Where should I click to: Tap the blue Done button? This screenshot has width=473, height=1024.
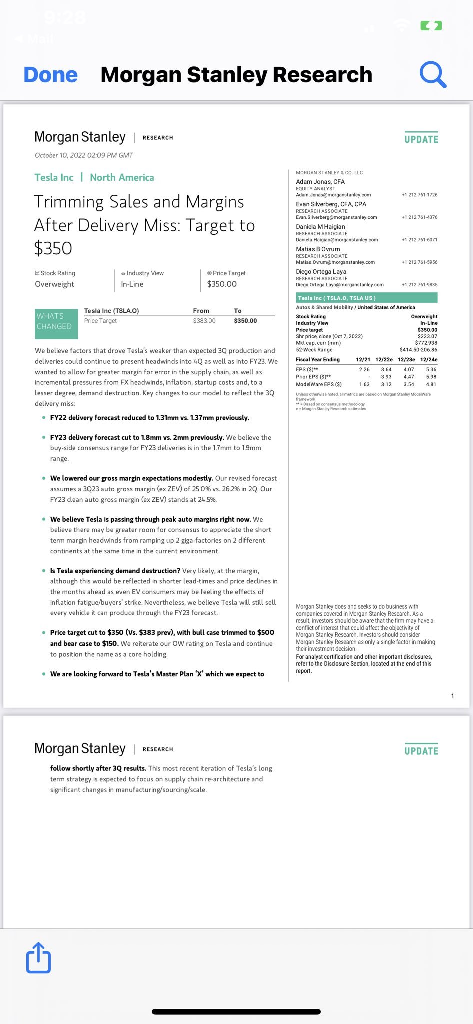click(x=51, y=75)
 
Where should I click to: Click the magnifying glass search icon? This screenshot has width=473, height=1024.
click(x=432, y=75)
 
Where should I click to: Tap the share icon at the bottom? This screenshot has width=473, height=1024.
click(x=38, y=958)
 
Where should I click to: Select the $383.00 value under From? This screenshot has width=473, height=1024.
click(x=204, y=321)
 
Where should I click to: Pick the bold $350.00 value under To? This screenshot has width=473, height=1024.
click(x=245, y=321)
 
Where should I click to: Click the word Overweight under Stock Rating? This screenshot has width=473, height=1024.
click(x=54, y=284)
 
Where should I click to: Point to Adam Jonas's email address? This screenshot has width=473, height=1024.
click(x=333, y=195)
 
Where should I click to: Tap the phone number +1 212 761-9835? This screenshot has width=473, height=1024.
click(x=419, y=285)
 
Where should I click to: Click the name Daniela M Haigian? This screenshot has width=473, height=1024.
click(x=320, y=227)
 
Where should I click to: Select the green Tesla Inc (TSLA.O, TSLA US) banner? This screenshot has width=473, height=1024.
click(x=366, y=298)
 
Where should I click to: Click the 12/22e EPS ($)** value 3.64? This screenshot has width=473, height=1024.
click(x=386, y=370)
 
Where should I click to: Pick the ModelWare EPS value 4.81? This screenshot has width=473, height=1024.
click(x=431, y=385)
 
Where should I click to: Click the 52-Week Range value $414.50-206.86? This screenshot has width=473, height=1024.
click(x=418, y=350)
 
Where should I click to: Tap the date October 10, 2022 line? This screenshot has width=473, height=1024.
click(x=84, y=155)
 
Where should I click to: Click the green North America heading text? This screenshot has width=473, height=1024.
click(x=122, y=178)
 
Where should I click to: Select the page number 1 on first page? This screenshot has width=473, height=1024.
click(x=453, y=696)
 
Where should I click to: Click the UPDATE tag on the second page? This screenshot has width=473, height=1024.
click(x=421, y=751)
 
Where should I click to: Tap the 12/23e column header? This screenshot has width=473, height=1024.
click(x=406, y=360)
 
